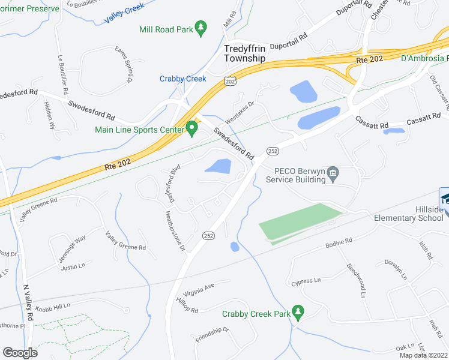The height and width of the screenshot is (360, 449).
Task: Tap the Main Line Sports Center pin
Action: [x=192, y=128]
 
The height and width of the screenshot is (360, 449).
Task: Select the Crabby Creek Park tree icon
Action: [x=297, y=312]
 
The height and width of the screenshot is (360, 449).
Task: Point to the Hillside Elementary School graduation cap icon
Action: [x=444, y=198]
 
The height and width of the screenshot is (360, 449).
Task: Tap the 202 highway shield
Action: [x=229, y=80]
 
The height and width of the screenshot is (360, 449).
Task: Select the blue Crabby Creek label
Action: [x=182, y=79]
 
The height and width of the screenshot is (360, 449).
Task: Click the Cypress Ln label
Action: [x=306, y=281]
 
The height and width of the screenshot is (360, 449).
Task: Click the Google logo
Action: [x=20, y=352]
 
